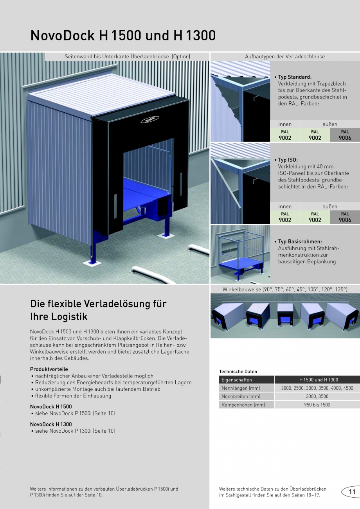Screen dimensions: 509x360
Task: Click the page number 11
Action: coord(352,492)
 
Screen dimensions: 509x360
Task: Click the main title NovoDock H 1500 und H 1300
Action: coord(123,36)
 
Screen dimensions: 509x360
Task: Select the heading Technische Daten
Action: coord(238,372)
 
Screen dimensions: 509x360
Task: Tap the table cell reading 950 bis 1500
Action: coord(317,405)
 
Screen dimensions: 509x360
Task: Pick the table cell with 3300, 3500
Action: coord(317,396)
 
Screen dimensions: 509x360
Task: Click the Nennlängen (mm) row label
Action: coord(241,388)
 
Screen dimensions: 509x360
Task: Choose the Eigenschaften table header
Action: coord(237,380)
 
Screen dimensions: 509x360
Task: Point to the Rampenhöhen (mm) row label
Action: coord(243,405)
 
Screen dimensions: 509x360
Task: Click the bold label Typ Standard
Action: coord(295,77)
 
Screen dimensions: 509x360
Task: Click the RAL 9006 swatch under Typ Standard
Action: coord(345,135)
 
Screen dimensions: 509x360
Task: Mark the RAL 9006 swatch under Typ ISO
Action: coord(345,217)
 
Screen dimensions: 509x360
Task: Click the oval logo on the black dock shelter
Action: coord(150,119)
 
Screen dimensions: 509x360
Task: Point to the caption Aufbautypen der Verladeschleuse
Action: coord(285,56)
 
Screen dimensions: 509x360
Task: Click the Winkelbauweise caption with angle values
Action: coord(285,289)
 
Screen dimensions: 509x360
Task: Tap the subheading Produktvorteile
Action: coord(49,369)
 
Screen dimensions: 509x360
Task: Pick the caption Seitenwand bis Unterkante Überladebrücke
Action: coord(127,56)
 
